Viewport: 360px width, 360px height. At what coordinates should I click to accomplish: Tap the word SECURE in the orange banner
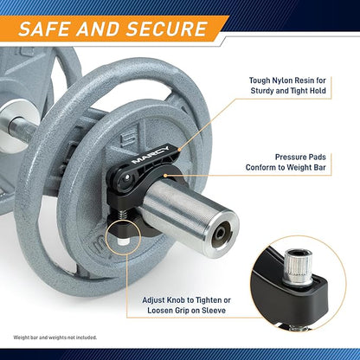(167, 29)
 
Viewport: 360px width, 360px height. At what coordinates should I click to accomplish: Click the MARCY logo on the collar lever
(151, 155)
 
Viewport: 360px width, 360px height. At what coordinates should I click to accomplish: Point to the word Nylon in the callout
(283, 80)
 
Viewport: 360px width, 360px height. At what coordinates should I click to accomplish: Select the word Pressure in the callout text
(291, 157)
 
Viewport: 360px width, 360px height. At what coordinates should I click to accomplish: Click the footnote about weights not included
(55, 337)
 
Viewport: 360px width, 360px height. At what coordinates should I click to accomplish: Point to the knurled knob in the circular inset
(298, 266)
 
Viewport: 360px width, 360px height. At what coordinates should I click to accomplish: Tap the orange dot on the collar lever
(179, 149)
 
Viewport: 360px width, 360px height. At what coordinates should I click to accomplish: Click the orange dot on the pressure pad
(165, 175)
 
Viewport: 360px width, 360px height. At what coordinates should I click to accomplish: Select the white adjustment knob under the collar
(124, 241)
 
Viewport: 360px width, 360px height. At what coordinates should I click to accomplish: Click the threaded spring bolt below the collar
(124, 215)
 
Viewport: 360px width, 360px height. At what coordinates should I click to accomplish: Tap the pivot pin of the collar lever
(125, 179)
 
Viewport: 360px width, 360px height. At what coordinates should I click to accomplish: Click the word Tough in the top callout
(260, 80)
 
